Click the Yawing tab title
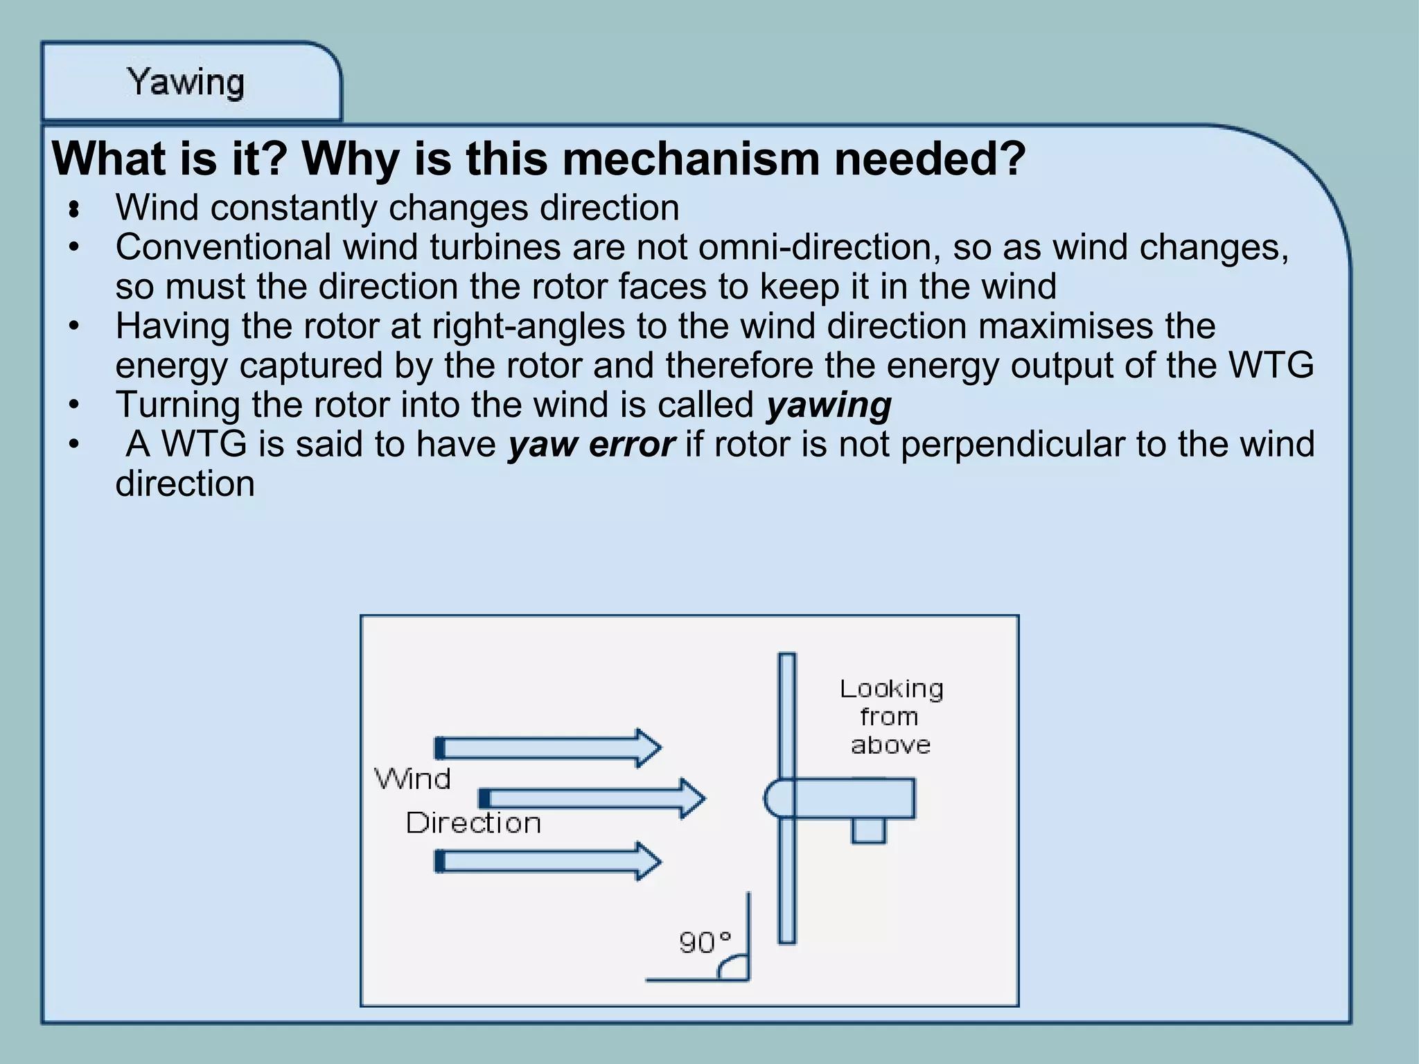(x=186, y=82)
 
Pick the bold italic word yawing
(x=829, y=405)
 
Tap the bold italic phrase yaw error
(x=590, y=445)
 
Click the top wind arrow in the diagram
(x=547, y=748)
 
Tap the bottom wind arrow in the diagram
(x=547, y=861)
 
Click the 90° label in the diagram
(x=705, y=943)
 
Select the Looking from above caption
(x=891, y=716)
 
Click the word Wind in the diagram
(x=413, y=779)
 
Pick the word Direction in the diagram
(x=473, y=823)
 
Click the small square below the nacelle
(x=868, y=831)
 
